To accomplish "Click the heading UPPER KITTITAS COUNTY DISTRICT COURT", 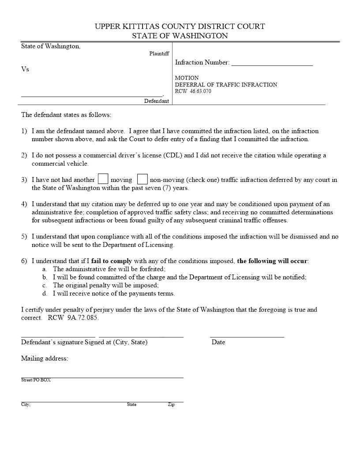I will [180, 26].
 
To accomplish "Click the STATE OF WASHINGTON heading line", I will [180, 36].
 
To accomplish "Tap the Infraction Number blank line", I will [272, 64].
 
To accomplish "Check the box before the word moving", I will [103, 179].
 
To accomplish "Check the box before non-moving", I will [142, 179].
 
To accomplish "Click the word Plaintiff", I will [159, 54].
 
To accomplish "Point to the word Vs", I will [25, 69].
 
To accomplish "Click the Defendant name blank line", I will [92, 95].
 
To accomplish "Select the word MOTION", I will [187, 78].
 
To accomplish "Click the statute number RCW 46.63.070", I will [193, 91].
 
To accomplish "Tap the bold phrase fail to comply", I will [112, 261].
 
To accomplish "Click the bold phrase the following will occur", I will [272, 261].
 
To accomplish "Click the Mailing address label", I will [45, 358].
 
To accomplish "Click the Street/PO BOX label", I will [36, 380].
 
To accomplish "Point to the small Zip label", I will [171, 405].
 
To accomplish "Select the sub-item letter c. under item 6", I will [45, 285].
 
